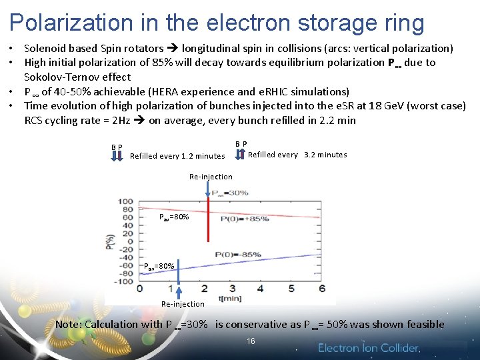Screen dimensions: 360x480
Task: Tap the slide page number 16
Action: click(x=251, y=341)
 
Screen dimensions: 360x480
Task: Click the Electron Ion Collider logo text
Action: click(x=369, y=348)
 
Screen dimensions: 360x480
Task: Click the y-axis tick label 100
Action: click(x=125, y=201)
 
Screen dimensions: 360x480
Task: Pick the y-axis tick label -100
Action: click(x=123, y=281)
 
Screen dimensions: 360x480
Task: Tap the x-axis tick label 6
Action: click(x=323, y=289)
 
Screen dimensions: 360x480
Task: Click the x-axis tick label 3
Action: click(x=232, y=289)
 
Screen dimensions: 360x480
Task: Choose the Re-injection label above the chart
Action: click(x=211, y=177)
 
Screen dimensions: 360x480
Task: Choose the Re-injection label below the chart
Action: click(x=183, y=304)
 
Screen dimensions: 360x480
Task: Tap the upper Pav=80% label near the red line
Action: click(x=174, y=217)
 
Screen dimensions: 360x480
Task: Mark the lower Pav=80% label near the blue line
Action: click(x=159, y=267)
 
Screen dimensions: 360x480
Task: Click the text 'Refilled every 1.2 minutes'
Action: click(x=177, y=156)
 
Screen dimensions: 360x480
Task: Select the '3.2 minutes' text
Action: click(x=325, y=155)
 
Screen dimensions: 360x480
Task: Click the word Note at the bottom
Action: click(x=69, y=325)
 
